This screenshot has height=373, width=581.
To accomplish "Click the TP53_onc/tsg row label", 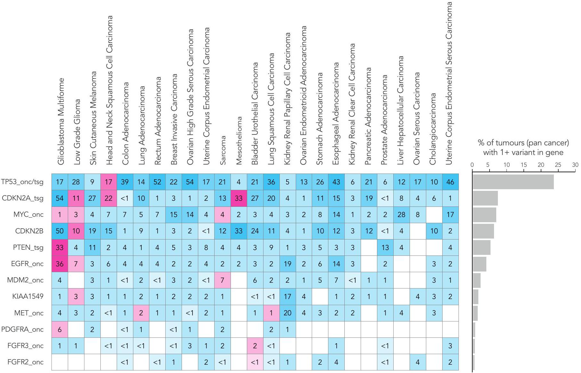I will pos(22,182).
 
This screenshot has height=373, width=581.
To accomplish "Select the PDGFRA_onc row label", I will pos(22,329).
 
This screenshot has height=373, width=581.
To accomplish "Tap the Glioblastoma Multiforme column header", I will pos(61,122).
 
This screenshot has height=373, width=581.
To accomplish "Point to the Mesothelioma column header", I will pos(239,141).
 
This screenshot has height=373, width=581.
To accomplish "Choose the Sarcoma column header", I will pos(223,150).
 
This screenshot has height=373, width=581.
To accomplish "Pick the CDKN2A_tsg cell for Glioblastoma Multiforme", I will pos(60,198).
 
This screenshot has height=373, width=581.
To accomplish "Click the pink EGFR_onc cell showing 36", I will pos(60,264).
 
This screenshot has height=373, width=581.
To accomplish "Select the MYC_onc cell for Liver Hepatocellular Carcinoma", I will pos(401,215).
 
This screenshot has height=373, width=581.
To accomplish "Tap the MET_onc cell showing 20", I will pos(287,313).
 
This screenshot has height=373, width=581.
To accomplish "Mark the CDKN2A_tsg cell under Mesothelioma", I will pos(239,198).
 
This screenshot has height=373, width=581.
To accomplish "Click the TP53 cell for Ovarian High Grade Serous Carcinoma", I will pos(190,182).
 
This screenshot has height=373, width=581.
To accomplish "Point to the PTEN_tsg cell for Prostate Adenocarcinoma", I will pos(385,247).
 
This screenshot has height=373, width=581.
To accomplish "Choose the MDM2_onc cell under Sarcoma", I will pos(222,280).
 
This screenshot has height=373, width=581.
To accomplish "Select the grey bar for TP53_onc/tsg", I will pos(513,182).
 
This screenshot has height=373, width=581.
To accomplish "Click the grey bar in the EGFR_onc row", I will pos(480,264).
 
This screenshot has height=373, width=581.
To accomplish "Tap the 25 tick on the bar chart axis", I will pos(558,165).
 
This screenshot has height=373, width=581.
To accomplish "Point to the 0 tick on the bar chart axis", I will pos(472,165).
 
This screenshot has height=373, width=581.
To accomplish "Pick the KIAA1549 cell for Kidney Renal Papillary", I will pos(287,296).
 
